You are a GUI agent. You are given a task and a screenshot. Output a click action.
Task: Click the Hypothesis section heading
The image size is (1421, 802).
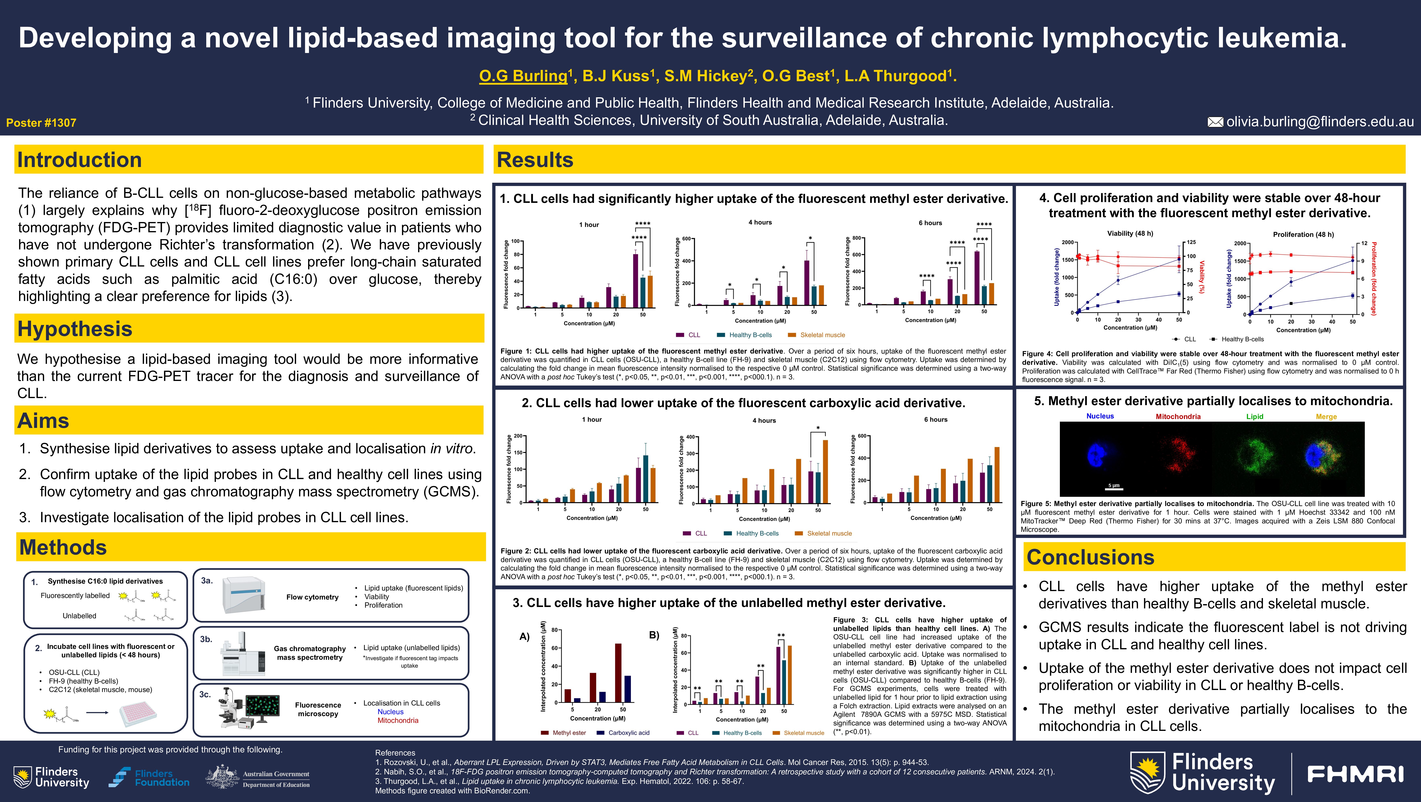pyautogui.click(x=75, y=329)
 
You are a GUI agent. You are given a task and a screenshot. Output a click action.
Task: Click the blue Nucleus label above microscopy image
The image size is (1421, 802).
pyautogui.click(x=1100, y=416)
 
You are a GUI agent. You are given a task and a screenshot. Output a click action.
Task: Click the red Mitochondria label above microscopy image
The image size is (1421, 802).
pyautogui.click(x=1178, y=416)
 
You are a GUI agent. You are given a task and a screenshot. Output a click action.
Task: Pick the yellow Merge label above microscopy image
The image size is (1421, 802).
pyautogui.click(x=1326, y=416)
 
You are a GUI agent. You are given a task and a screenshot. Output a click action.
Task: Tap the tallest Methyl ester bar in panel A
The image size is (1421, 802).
pyautogui.click(x=618, y=673)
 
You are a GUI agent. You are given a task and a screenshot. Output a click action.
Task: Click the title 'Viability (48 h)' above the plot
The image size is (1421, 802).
pyautogui.click(x=1130, y=233)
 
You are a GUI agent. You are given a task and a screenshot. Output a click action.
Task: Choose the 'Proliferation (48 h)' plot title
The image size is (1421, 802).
pyautogui.click(x=1303, y=234)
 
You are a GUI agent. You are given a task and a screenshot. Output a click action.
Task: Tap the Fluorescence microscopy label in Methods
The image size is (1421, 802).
pyautogui.click(x=318, y=709)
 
